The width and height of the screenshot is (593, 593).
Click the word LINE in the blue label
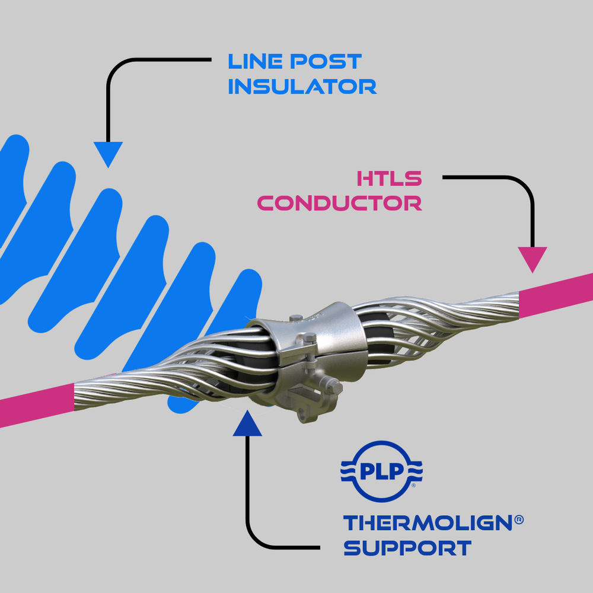point(255,61)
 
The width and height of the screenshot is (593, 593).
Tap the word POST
point(326,61)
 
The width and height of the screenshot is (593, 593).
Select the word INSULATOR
point(302,86)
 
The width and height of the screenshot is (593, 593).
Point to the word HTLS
point(389,178)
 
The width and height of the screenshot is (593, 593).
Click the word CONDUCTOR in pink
point(340,203)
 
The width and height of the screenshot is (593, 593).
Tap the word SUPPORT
point(407,547)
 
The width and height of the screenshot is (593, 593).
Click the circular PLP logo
point(381,471)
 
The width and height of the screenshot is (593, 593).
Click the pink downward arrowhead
point(533,259)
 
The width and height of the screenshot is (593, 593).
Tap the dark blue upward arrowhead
point(247,425)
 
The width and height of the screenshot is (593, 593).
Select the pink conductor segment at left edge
point(37,405)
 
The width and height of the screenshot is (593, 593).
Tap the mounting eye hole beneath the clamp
point(304,414)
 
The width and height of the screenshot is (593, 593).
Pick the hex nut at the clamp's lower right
point(334,387)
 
